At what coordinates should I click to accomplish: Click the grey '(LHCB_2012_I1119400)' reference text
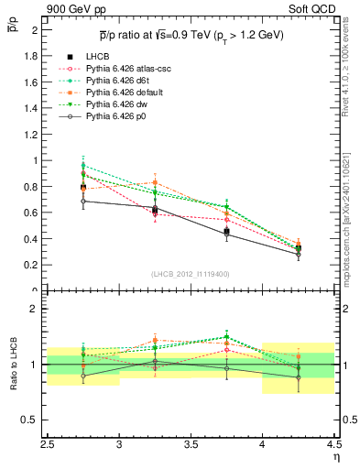191,274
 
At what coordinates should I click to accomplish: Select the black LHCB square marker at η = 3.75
226,232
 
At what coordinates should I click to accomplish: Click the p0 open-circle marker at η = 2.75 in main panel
83,201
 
